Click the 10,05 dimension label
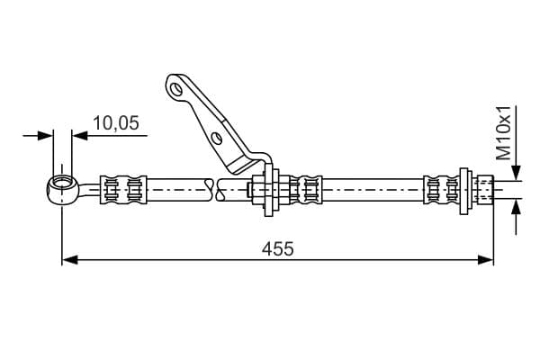click(x=116, y=123)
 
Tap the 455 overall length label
click(x=277, y=248)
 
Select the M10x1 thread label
click(x=503, y=133)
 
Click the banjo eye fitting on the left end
click(x=63, y=190)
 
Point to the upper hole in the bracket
click(x=176, y=89)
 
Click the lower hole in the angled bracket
click(x=217, y=138)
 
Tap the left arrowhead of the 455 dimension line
click(x=69, y=260)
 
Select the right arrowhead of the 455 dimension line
click(x=486, y=260)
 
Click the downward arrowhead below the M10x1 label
click(x=516, y=172)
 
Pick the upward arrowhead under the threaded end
click(x=516, y=207)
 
